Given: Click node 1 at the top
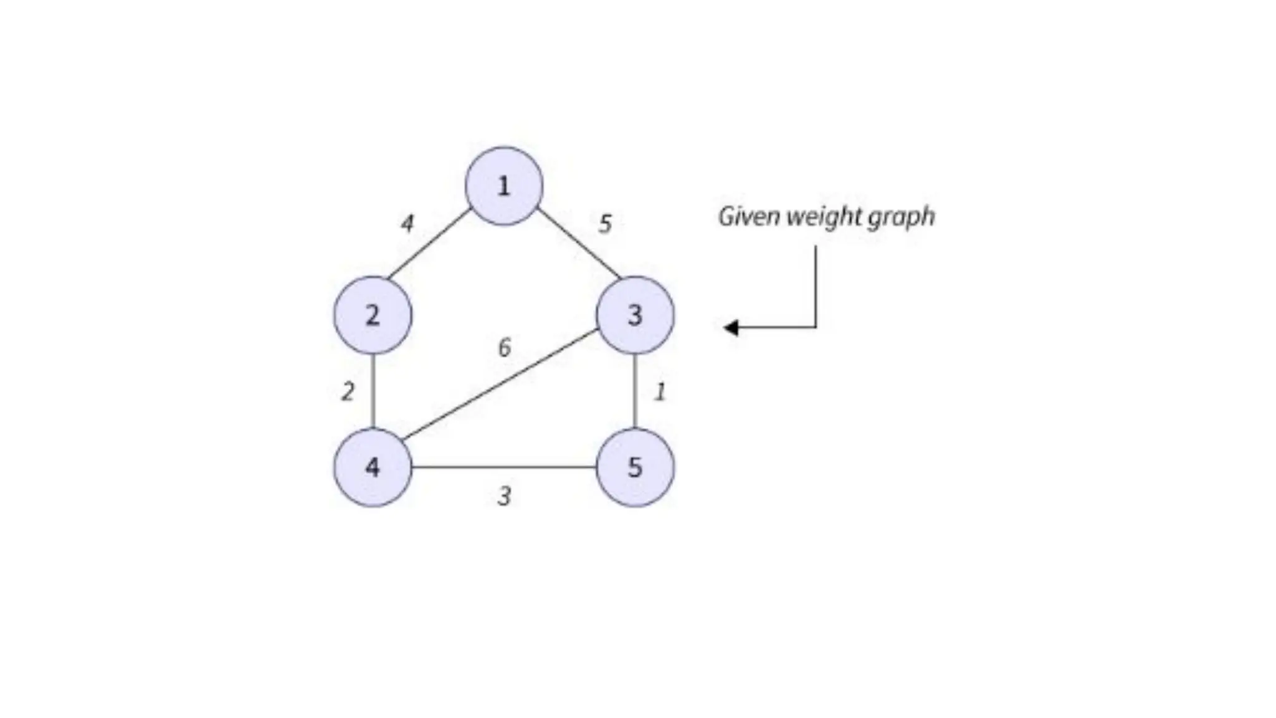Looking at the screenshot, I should click(x=504, y=186).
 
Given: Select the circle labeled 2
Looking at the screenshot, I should click(x=373, y=315).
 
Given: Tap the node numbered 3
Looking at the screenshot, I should click(x=635, y=315).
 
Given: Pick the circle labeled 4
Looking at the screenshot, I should click(x=373, y=467).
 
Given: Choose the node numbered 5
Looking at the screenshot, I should click(x=635, y=467).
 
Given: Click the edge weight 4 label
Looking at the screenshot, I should click(x=407, y=223).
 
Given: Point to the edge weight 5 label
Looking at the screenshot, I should click(x=605, y=224).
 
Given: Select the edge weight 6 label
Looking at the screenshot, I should click(x=505, y=347).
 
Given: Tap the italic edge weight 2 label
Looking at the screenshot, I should click(x=348, y=391).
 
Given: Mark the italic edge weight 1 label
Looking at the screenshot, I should click(x=660, y=392).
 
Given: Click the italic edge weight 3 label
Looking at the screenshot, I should click(x=505, y=497).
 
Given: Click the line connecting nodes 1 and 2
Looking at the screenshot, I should click(x=429, y=244).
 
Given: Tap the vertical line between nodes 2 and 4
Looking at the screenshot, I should click(x=373, y=391).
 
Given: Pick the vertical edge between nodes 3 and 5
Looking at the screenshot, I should click(x=635, y=391).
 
